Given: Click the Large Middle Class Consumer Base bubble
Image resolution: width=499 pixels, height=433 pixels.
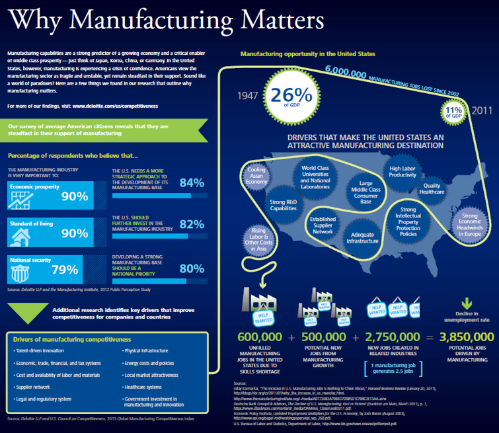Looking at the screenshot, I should coord(365,192).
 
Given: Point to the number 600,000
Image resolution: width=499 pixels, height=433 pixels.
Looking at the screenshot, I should coord(260,336).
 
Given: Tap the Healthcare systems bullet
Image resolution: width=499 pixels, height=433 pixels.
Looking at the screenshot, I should coord(141,387).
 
